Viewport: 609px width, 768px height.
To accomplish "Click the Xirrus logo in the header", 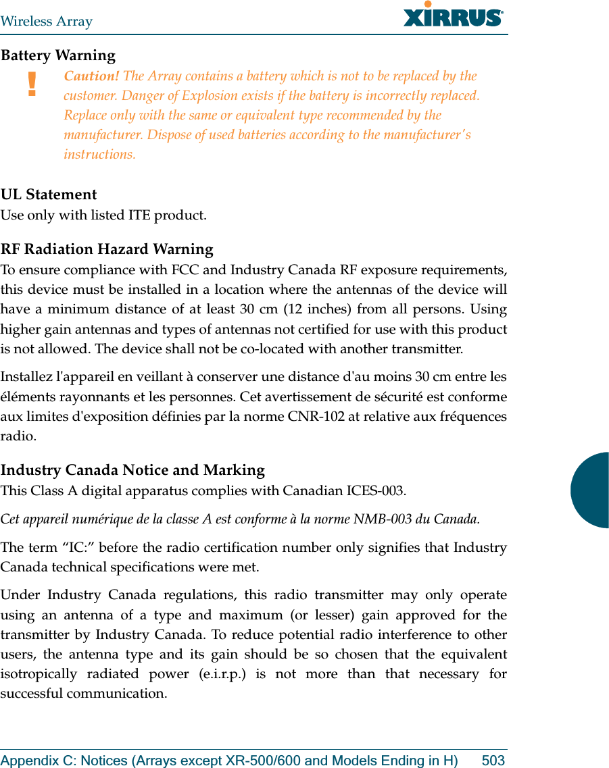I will pos(453,16).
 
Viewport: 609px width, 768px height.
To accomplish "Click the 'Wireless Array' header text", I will pos(47,21).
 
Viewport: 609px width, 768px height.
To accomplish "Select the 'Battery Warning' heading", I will pos(58,55).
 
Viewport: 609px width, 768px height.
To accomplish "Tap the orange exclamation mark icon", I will pos(31,85).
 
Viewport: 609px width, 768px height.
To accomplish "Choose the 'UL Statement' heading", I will pos(49,195).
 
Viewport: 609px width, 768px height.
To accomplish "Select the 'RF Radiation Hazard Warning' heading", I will pos(107,249).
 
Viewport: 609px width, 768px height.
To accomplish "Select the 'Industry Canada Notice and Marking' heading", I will pos(132,470).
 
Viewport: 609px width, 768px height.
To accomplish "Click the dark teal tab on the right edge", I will pos(591,490).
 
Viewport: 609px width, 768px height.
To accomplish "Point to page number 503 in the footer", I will pos(493,761).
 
